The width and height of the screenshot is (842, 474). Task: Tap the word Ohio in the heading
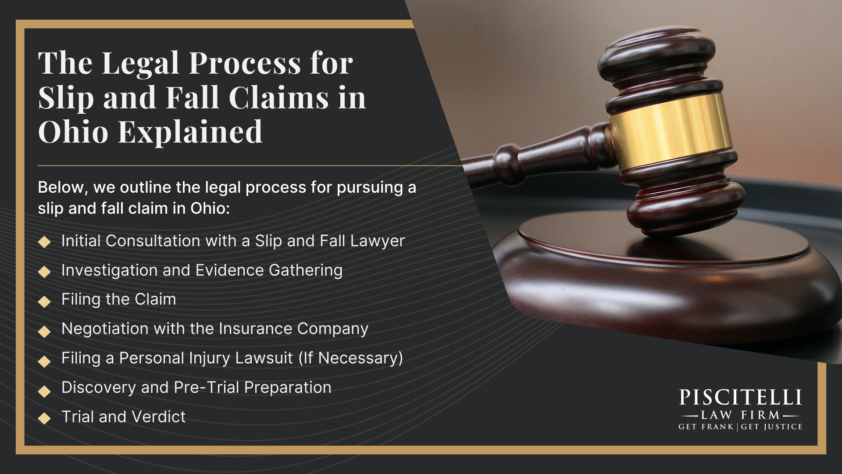coord(73,132)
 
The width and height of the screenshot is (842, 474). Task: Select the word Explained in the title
coord(190,132)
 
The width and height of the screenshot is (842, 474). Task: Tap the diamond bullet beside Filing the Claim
coord(44,302)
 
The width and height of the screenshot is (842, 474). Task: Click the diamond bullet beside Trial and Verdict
coord(44,418)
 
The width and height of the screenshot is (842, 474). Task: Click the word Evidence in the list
coord(229,270)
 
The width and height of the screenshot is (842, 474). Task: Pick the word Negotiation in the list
coord(105,329)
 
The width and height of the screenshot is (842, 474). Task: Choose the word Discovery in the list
coord(99,388)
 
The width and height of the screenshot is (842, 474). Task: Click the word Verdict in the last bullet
coord(158,417)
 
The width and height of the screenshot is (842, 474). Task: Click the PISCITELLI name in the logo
coord(740,398)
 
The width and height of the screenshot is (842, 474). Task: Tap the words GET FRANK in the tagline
coord(706,427)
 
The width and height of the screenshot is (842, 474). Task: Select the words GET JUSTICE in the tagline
coord(771,427)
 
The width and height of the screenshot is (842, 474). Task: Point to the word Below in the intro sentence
coord(61,187)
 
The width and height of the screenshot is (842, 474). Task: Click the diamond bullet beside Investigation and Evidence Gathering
coord(44,272)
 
